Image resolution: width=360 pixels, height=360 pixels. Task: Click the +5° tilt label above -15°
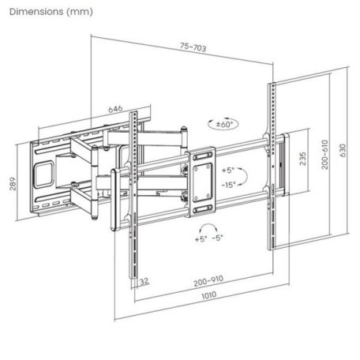tap(229, 171)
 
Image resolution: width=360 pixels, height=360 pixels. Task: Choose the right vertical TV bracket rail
tap(271, 166)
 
